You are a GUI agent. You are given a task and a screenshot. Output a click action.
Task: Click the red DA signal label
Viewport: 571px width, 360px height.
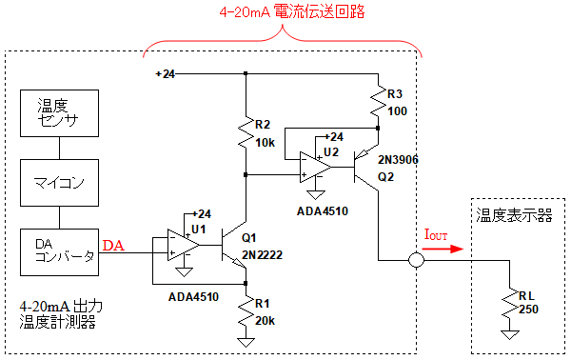113,246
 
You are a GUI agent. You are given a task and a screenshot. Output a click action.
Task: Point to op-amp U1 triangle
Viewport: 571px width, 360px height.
183,245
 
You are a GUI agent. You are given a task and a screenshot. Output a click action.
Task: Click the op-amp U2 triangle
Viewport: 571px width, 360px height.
315,168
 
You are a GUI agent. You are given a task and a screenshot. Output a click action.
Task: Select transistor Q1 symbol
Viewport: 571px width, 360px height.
233,245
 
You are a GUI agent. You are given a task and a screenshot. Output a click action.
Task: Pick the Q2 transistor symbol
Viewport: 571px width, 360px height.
365,168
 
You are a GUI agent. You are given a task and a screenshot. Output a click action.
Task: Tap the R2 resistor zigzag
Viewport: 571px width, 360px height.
246,132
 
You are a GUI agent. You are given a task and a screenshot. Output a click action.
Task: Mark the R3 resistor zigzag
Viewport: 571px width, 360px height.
379,101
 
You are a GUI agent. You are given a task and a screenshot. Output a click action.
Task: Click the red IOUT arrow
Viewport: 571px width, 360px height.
443,249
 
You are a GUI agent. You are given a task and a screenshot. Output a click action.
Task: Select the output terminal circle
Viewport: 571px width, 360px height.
416,260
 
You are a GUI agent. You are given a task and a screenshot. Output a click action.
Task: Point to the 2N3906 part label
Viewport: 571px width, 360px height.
398,160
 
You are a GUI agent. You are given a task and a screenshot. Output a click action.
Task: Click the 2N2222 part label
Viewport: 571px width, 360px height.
263,254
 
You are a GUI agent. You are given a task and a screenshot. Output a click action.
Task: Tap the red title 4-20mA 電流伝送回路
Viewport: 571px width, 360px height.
292,11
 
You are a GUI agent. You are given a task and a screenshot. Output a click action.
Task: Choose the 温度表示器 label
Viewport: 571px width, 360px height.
514,215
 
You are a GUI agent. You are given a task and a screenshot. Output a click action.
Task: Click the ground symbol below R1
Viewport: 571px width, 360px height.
246,342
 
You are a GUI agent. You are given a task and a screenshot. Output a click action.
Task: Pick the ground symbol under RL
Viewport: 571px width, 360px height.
510,334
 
